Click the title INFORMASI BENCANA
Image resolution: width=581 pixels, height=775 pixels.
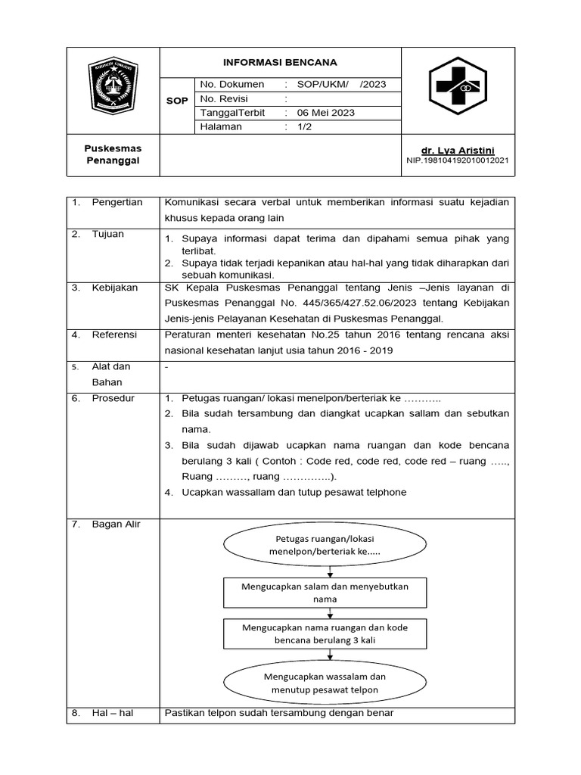pyautogui.click(x=279, y=62)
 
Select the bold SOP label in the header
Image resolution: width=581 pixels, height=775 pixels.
pyautogui.click(x=176, y=100)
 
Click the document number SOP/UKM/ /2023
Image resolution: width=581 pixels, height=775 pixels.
pyautogui.click(x=341, y=84)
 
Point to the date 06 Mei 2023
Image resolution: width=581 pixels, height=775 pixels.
pyautogui.click(x=325, y=113)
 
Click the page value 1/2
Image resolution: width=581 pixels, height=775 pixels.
pyautogui.click(x=304, y=127)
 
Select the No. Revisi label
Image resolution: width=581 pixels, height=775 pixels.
pyautogui.click(x=224, y=98)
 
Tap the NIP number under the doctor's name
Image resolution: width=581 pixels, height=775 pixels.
pyautogui.click(x=457, y=161)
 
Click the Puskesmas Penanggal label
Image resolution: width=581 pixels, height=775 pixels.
pyautogui.click(x=112, y=154)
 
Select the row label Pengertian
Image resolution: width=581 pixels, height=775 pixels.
pyautogui.click(x=117, y=203)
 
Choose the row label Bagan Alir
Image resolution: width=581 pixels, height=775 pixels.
pyautogui.click(x=116, y=524)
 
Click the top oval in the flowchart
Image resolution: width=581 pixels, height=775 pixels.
pyautogui.click(x=325, y=545)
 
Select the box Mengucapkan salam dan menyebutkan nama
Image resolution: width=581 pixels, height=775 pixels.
pyautogui.click(x=325, y=593)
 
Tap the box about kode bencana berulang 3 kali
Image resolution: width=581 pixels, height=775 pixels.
pyautogui.click(x=325, y=633)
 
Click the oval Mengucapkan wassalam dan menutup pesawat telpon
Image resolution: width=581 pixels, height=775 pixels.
pyautogui.click(x=325, y=683)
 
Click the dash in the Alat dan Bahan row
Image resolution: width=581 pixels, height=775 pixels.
pyautogui.click(x=166, y=367)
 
